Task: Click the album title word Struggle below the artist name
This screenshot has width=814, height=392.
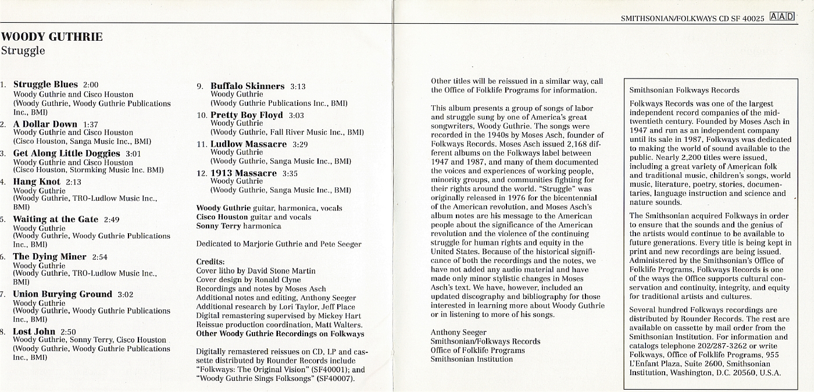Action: [23, 51]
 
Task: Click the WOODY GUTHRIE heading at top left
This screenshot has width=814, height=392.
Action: [52, 37]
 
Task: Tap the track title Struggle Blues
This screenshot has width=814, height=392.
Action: [45, 84]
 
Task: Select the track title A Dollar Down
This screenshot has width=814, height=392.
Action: [45, 124]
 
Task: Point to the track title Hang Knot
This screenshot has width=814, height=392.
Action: [37, 181]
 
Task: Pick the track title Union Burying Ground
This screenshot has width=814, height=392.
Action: [62, 294]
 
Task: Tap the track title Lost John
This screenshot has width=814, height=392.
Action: [34, 332]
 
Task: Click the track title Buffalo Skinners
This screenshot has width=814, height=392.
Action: [247, 86]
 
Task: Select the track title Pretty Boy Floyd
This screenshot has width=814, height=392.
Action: [247, 115]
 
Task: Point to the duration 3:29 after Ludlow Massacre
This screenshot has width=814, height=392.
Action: [300, 144]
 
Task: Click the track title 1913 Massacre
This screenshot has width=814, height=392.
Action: [243, 173]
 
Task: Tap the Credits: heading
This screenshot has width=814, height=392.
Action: [210, 262]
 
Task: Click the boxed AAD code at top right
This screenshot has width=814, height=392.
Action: [782, 17]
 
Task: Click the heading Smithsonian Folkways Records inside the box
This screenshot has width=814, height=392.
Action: [676, 90]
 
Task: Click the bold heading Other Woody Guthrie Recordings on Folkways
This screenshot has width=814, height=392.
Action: [280, 334]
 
